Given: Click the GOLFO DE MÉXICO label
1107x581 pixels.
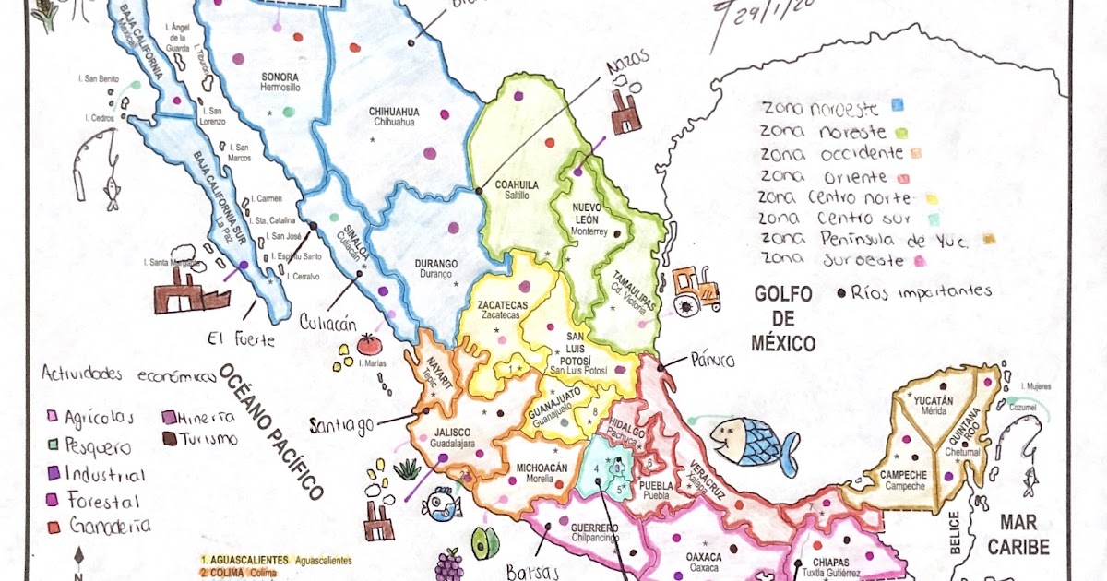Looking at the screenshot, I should click(x=783, y=319).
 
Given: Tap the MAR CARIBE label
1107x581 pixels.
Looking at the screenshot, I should click(x=1018, y=535).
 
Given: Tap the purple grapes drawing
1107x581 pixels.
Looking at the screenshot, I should click(x=448, y=563).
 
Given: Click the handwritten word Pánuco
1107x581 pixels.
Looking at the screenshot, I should click(x=709, y=360).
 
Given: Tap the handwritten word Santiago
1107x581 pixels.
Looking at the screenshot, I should click(x=341, y=424).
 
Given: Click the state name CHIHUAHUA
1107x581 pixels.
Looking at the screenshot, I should click(x=394, y=112).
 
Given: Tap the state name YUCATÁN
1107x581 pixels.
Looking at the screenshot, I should click(x=933, y=400).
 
